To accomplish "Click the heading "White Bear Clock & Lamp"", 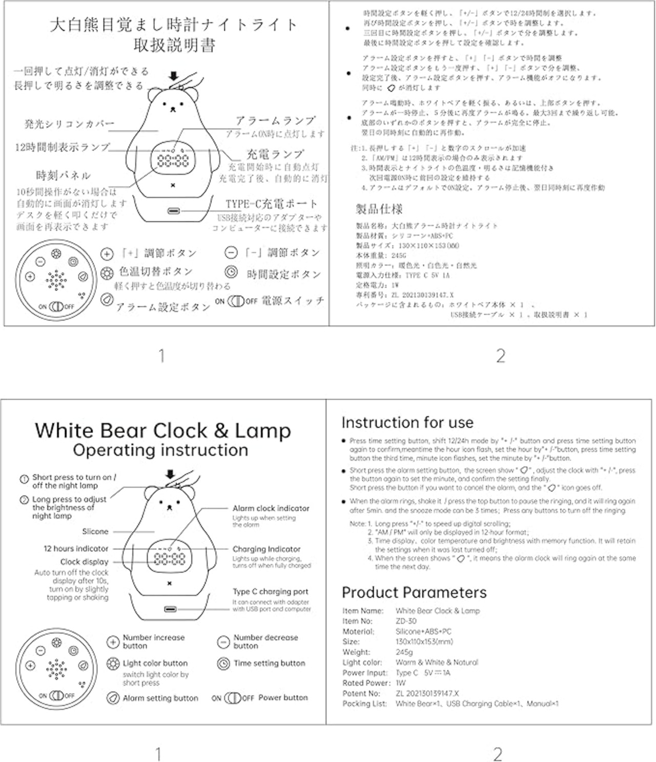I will click(162, 430).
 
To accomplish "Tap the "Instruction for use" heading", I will click(407, 423).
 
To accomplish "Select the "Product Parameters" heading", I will click(414, 592).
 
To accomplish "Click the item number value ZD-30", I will click(406, 621).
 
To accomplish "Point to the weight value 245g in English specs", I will click(404, 652).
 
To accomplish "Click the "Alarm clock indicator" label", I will click(271, 508).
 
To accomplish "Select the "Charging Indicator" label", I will click(266, 549).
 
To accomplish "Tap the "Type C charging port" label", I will click(270, 591).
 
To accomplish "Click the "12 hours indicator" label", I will click(76, 548).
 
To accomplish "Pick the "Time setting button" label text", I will click(269, 663).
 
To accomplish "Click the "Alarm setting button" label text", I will click(160, 698).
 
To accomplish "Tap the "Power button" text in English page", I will click(283, 697).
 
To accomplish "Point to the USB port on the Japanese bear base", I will click(173, 211).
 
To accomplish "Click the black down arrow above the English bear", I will click(170, 475).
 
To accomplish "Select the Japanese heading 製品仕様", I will click(379, 209).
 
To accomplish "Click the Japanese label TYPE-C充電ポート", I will click(272, 204).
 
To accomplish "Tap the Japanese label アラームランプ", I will click(275, 121).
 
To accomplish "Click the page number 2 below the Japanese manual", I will click(501, 356).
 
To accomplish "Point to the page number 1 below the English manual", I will click(158, 754).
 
